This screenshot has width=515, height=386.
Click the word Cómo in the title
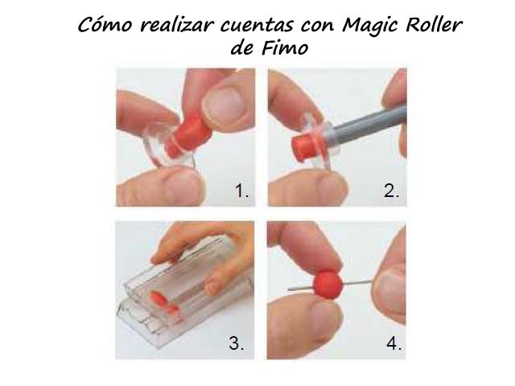105,24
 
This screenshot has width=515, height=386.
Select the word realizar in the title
175,25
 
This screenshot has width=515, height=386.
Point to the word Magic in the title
370,26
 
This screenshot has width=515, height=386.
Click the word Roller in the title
434,24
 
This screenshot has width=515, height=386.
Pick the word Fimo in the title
285,48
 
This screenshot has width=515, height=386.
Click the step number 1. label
241,191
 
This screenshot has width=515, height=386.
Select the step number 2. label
391,191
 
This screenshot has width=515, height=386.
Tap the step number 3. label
236,343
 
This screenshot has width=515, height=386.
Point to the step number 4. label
393,343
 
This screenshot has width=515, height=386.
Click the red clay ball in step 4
328,284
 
